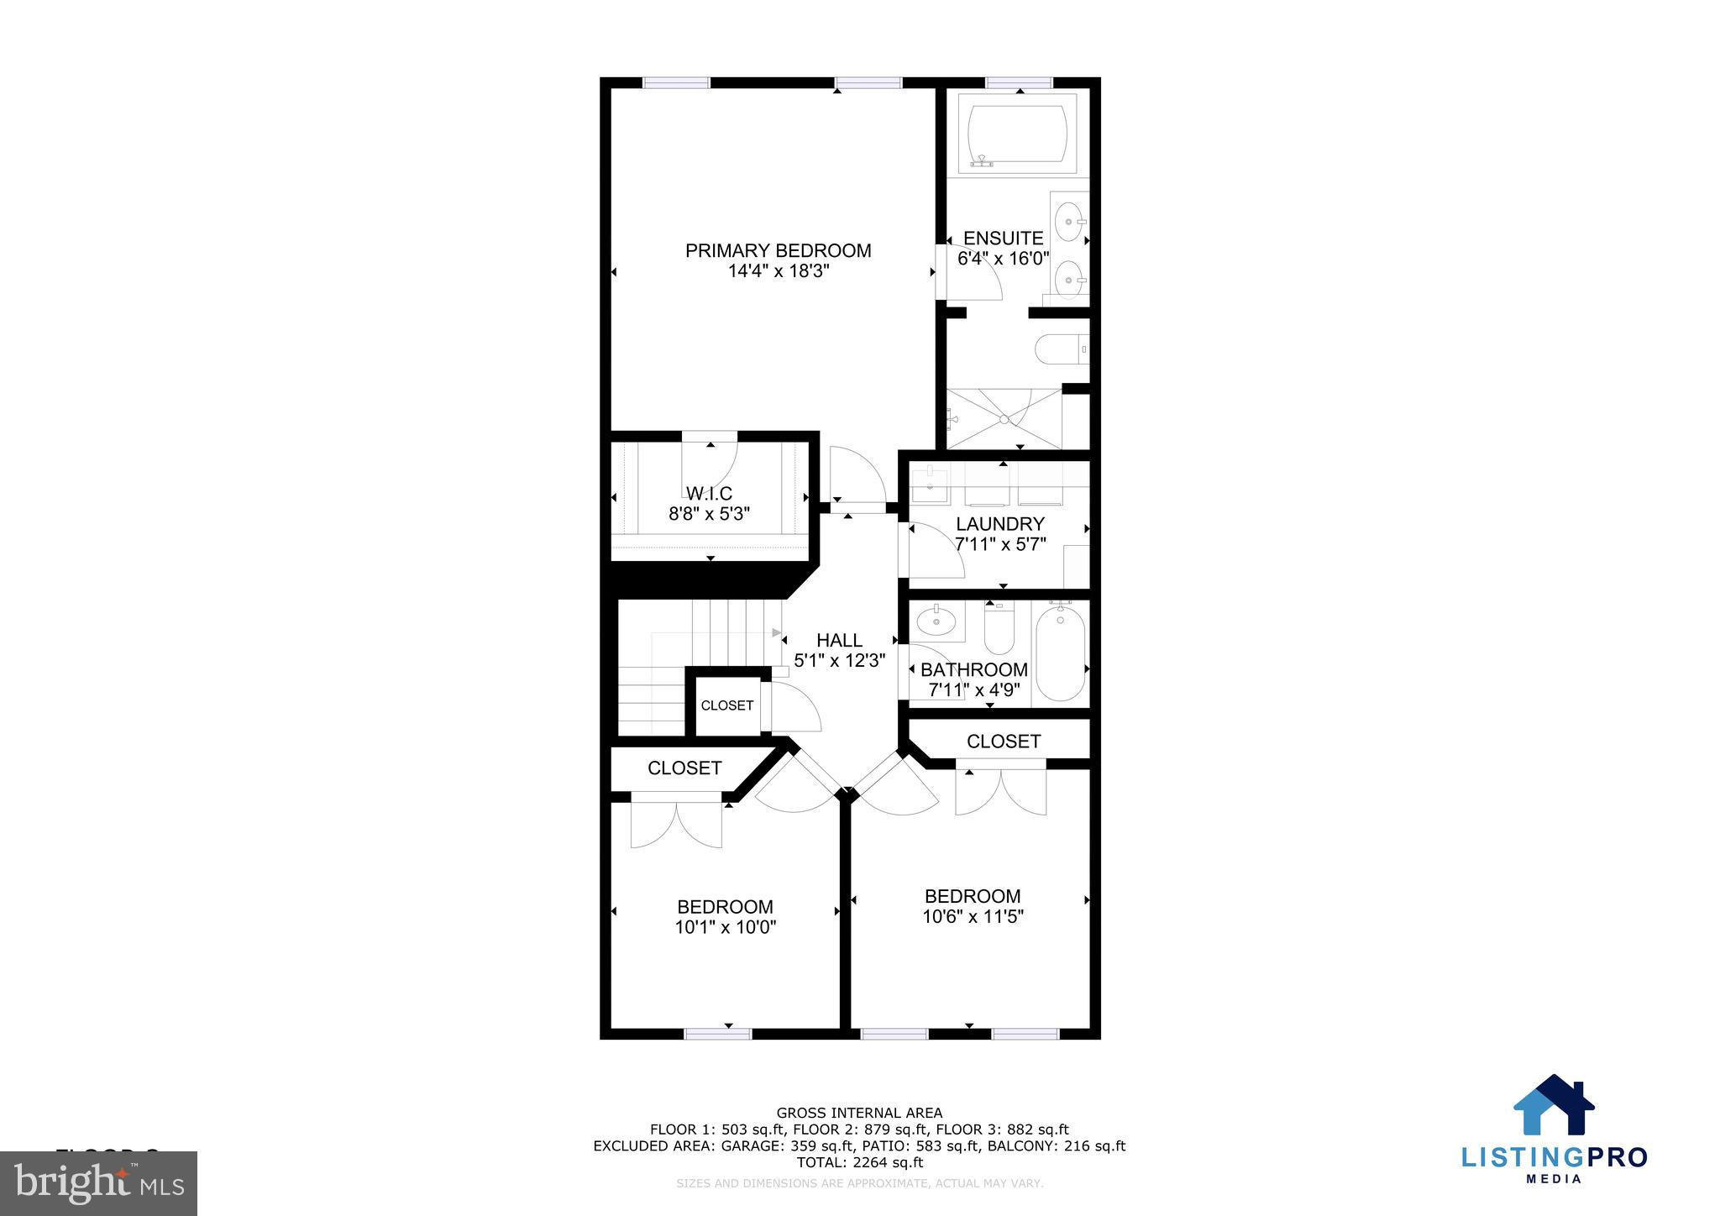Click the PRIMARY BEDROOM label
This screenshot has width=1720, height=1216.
(778, 250)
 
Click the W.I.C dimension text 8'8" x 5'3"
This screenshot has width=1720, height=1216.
(709, 514)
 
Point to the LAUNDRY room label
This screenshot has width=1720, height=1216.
(999, 524)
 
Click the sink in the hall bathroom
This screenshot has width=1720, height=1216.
(936, 622)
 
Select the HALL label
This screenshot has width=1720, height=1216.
(839, 640)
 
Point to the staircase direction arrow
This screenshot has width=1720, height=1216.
(777, 632)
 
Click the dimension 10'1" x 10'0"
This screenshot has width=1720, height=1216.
(725, 927)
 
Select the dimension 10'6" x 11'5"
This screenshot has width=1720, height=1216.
(973, 916)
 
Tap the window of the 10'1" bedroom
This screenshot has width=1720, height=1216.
(717, 1034)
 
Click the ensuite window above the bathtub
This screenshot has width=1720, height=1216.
(1018, 82)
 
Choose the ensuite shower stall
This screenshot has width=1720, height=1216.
(1004, 418)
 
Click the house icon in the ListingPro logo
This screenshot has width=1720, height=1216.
(1553, 1106)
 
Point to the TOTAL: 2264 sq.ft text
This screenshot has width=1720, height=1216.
(859, 1162)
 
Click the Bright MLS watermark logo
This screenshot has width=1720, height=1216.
(98, 1182)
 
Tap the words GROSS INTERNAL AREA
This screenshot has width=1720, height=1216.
(859, 1114)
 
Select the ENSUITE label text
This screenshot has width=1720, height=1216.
(1003, 238)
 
